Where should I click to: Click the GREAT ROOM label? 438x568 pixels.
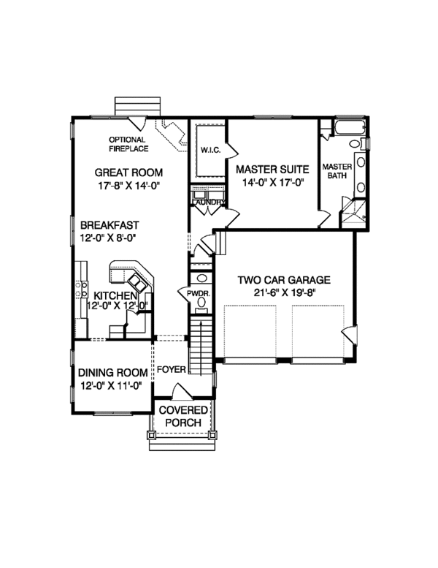click(128, 173)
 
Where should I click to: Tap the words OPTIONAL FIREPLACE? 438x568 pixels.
click(128, 144)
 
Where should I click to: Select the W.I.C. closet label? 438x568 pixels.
click(210, 150)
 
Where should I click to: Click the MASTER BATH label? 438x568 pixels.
click(337, 171)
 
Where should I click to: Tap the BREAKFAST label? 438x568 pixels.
click(110, 225)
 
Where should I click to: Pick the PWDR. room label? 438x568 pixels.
click(199, 293)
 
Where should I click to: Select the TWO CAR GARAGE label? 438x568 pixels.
click(285, 279)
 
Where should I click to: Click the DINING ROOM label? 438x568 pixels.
click(109, 371)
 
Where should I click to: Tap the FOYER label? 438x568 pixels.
click(172, 370)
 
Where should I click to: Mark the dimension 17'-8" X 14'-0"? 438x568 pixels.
click(128, 186)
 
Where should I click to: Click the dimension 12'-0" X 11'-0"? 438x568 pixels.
click(109, 385)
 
